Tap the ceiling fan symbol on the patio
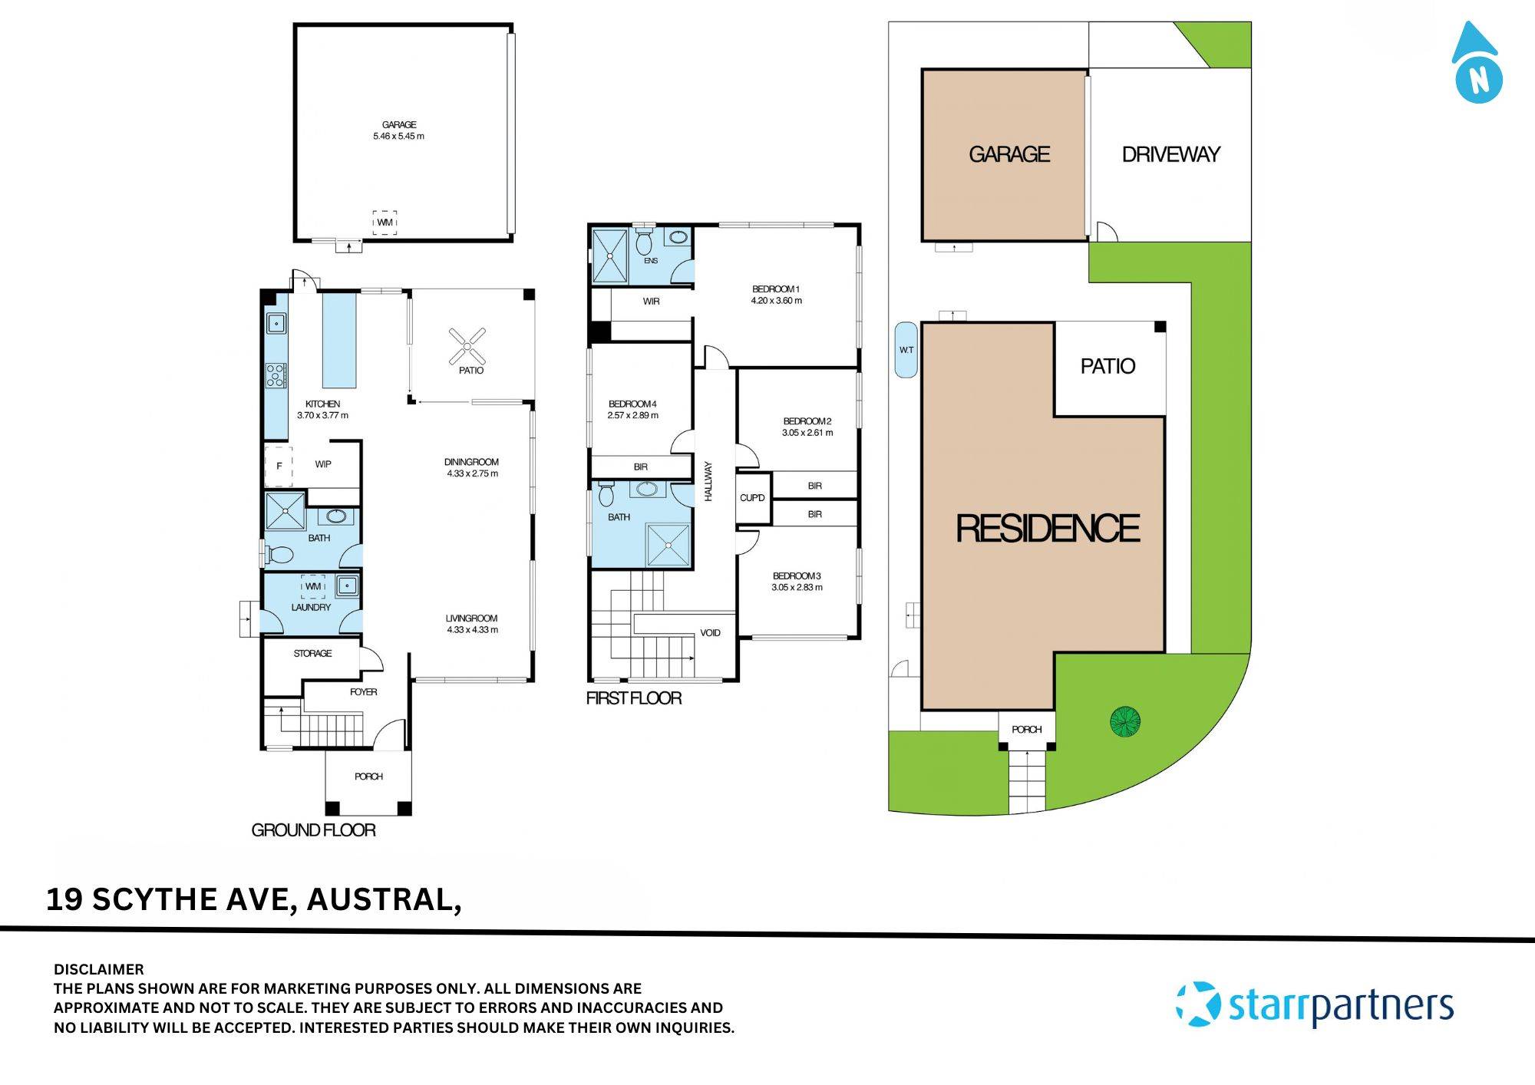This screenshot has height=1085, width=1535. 467,346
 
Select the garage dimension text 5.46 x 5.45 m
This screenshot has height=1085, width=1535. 398,137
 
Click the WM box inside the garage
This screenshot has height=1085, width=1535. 385,223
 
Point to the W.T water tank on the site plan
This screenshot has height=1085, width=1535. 906,350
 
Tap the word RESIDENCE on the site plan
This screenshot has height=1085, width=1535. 1048,529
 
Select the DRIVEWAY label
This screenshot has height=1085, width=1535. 1170,155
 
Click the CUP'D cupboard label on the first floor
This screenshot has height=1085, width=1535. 752,498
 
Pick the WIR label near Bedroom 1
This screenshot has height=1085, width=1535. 651,302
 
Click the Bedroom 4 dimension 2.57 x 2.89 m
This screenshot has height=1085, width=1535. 632,416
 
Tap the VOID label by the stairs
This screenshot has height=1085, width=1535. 710,633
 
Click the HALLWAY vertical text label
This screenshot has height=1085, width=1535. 708,482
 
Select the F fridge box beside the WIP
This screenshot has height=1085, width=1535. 279,466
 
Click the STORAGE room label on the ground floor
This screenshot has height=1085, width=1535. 312,654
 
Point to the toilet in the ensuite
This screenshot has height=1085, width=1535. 644,242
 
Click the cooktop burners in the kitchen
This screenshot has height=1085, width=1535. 276,375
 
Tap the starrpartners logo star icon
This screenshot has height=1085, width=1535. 1199,1004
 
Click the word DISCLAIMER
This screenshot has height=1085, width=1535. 98,969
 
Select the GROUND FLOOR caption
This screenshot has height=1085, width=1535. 313,830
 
